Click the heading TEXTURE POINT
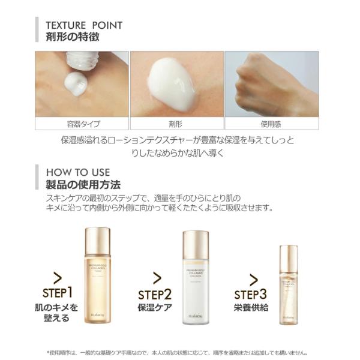pyautogui.click(x=84, y=25)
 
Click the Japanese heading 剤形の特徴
pyautogui.click(x=73, y=38)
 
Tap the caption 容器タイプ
pyautogui.click(x=83, y=124)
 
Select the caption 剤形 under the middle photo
pyautogui.click(x=176, y=124)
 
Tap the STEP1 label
pyautogui.click(x=58, y=293)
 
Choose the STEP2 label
pyautogui.click(x=155, y=295)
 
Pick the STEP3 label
pyautogui.click(x=251, y=294)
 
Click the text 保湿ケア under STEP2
pyautogui.click(x=155, y=308)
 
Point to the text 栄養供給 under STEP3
pyautogui.click(x=251, y=308)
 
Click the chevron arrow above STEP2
pyautogui.click(x=157, y=278)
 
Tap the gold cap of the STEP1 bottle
pyautogui.click(x=98, y=233)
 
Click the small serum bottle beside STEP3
pyautogui.click(x=288, y=285)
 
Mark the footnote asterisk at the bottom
pyautogui.click(x=49, y=353)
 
